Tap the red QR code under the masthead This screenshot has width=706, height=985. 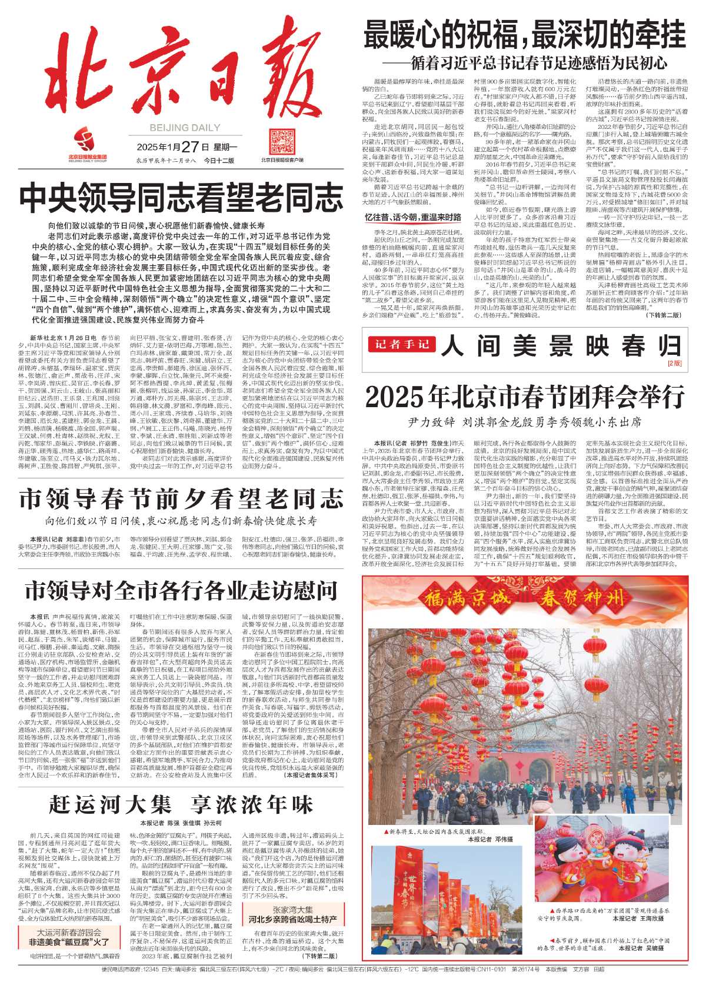(x=282, y=142)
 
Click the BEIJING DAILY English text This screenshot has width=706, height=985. (x=176, y=127)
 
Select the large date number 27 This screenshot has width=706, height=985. (x=189, y=147)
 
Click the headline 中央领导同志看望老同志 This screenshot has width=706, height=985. (x=181, y=198)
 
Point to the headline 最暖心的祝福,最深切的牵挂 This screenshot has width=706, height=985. (x=524, y=34)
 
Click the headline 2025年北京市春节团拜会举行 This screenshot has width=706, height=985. (x=524, y=397)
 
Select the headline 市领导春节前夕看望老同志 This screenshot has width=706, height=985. (x=181, y=499)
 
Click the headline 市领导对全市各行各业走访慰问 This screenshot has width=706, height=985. (x=181, y=590)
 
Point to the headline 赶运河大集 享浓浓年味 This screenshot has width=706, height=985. (x=181, y=804)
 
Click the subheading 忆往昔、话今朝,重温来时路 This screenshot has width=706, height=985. (x=412, y=218)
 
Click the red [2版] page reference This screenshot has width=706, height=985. (x=674, y=364)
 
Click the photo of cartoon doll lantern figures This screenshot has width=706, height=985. (x=609, y=868)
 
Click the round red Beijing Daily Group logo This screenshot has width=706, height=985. (x=84, y=141)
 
